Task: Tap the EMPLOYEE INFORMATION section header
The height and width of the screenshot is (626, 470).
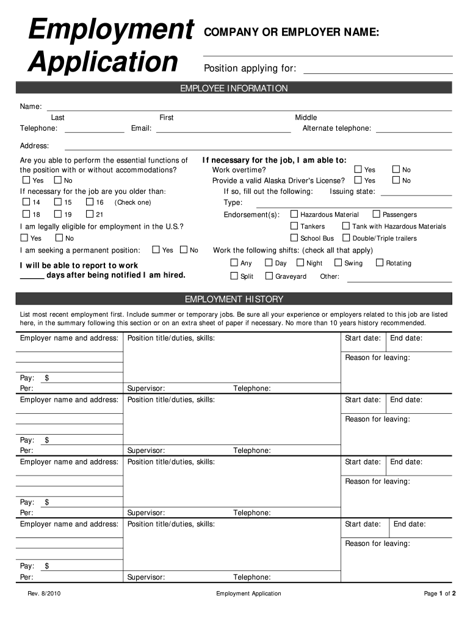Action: pos(234,89)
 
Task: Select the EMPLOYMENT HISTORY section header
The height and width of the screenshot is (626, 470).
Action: pos(234,300)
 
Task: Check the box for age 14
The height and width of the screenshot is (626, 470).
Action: pos(26,202)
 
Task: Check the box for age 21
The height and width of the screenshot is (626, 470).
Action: pos(89,215)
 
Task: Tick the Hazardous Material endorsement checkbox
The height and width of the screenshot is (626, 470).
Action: pos(294,215)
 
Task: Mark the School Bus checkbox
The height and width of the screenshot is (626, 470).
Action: pos(294,238)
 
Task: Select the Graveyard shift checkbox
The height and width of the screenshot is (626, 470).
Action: pos(269,276)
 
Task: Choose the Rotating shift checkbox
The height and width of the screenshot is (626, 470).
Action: pos(380,263)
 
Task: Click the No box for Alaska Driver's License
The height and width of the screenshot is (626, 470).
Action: pos(395,180)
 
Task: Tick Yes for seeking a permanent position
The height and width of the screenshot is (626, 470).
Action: pos(156,250)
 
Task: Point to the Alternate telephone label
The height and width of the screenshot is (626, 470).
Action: pos(336,128)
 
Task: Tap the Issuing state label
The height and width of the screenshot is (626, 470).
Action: pos(353,191)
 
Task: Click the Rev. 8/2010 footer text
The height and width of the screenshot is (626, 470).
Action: pos(44,594)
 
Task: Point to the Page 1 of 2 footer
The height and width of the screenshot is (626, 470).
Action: pos(439,594)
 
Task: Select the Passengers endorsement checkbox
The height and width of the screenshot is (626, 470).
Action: pos(376,215)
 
